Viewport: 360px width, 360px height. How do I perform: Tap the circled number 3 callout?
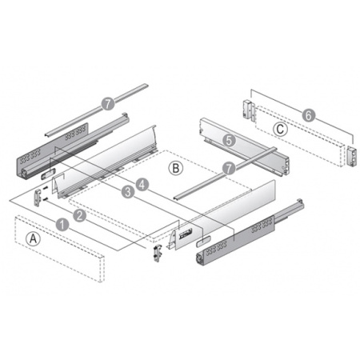127,192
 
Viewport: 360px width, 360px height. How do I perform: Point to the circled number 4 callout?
143,184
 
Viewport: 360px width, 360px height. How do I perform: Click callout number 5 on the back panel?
228,139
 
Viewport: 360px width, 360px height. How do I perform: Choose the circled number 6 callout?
310,115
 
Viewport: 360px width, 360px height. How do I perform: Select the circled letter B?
176,168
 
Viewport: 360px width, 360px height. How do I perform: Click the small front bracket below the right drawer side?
158,253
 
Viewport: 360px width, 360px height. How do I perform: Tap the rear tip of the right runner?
298,202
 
